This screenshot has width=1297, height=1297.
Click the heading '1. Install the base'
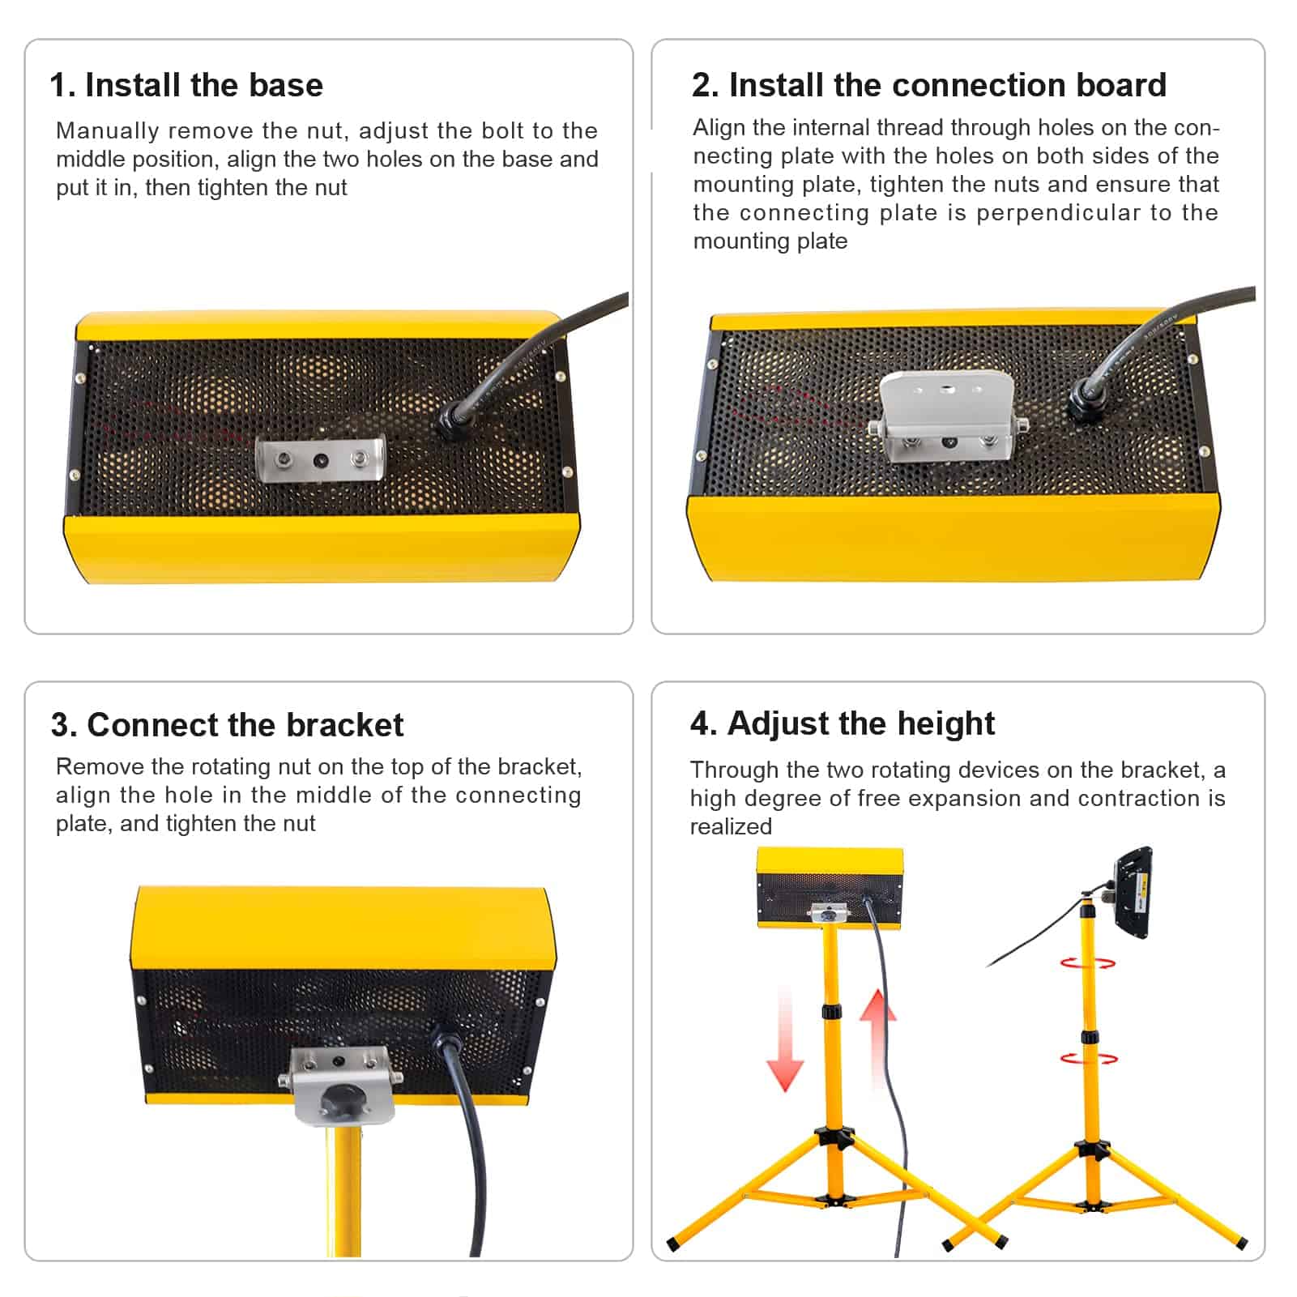(x=186, y=85)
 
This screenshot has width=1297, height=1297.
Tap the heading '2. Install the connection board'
(x=928, y=85)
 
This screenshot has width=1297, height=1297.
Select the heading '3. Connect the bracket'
(x=227, y=725)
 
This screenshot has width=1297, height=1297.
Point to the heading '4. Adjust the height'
(x=843, y=723)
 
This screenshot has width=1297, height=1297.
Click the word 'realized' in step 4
(x=731, y=826)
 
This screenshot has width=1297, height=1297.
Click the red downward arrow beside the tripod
(x=785, y=1040)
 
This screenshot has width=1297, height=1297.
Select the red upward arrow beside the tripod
(x=877, y=1040)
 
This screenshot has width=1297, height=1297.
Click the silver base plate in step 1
(x=321, y=459)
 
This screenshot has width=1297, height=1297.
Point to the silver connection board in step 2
(x=948, y=416)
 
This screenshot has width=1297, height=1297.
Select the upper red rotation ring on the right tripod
(x=1088, y=963)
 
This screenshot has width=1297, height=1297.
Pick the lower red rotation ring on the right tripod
(x=1089, y=1058)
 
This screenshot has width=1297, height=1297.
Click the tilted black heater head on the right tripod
(x=1133, y=892)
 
